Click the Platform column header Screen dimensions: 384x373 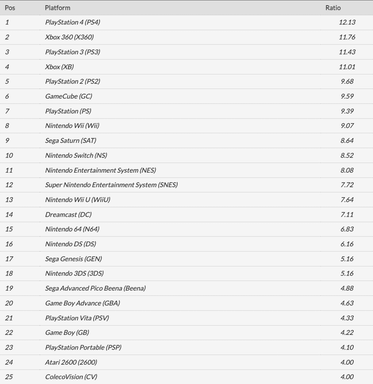57,8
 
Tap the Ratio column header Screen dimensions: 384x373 333,8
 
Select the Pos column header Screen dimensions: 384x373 10,8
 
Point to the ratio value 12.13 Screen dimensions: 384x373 348,22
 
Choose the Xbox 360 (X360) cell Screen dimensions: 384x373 69,37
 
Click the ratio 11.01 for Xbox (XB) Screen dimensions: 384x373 348,67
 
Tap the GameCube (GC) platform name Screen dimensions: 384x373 68,96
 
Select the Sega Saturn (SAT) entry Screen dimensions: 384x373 71,141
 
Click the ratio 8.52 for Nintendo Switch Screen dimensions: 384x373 349,155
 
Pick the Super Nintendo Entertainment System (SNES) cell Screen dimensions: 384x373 111,185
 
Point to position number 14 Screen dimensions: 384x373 9,215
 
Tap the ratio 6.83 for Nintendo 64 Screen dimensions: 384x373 349,229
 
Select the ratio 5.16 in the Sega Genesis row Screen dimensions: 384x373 349,259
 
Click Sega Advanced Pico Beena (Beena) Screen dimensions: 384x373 95,288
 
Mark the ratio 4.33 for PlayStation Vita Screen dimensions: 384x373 349,318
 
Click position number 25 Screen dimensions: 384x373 9,377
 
